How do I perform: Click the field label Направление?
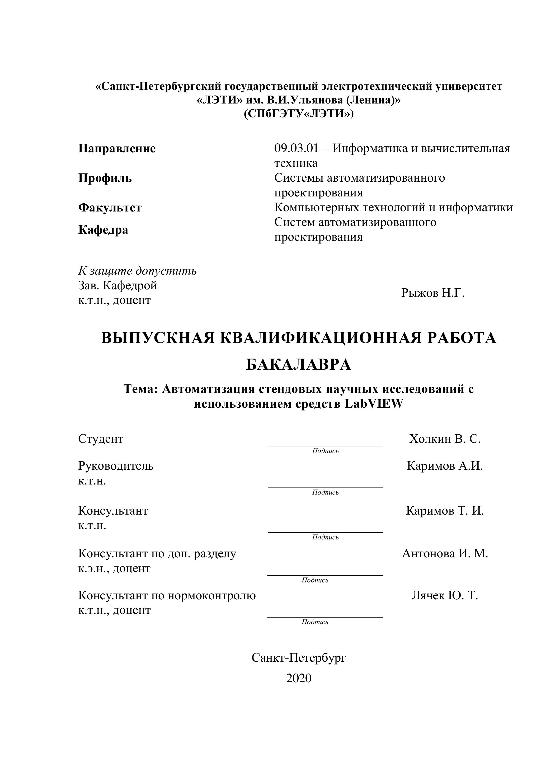tap(117, 149)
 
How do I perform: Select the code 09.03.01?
tap(296, 148)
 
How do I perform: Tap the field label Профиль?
tap(105, 178)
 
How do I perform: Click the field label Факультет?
tap(110, 208)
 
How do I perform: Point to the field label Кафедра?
tap(103, 230)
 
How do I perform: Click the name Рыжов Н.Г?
tap(433, 293)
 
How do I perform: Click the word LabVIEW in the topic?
tap(374, 404)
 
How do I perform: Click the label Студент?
tap(101, 439)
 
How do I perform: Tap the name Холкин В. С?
tap(445, 439)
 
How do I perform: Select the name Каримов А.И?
tap(444, 466)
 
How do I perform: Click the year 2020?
tap(299, 679)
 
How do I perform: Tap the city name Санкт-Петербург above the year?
tap(299, 658)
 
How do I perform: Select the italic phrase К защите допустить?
tap(137, 271)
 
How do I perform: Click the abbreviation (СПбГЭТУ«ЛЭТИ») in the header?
tap(299, 114)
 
